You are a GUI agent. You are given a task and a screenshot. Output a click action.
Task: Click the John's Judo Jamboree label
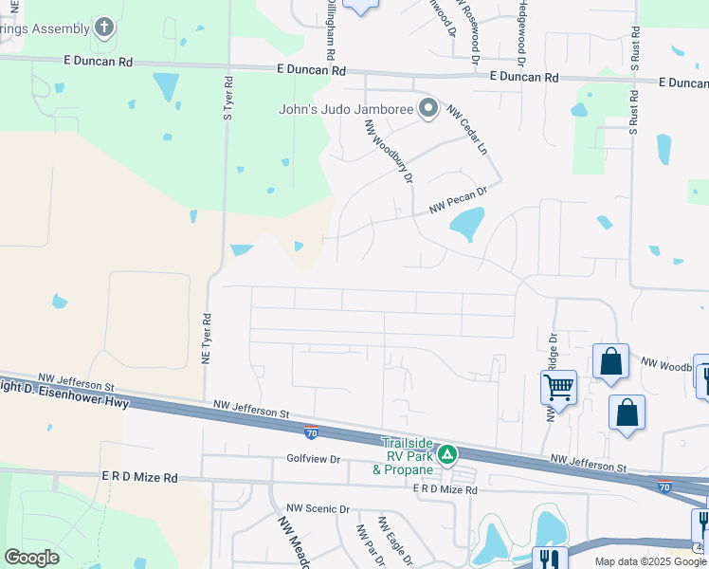click(x=346, y=109)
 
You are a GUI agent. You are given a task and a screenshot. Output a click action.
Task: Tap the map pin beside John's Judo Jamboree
click(x=427, y=108)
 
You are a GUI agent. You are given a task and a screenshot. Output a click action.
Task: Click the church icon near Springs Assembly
click(x=105, y=28)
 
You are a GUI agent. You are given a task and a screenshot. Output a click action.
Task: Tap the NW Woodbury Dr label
click(x=390, y=152)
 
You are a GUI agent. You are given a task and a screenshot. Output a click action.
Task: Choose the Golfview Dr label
click(x=313, y=458)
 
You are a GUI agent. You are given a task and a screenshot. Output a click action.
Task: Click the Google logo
click(x=32, y=558)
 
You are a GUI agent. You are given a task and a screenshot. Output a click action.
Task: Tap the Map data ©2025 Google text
click(x=649, y=561)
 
